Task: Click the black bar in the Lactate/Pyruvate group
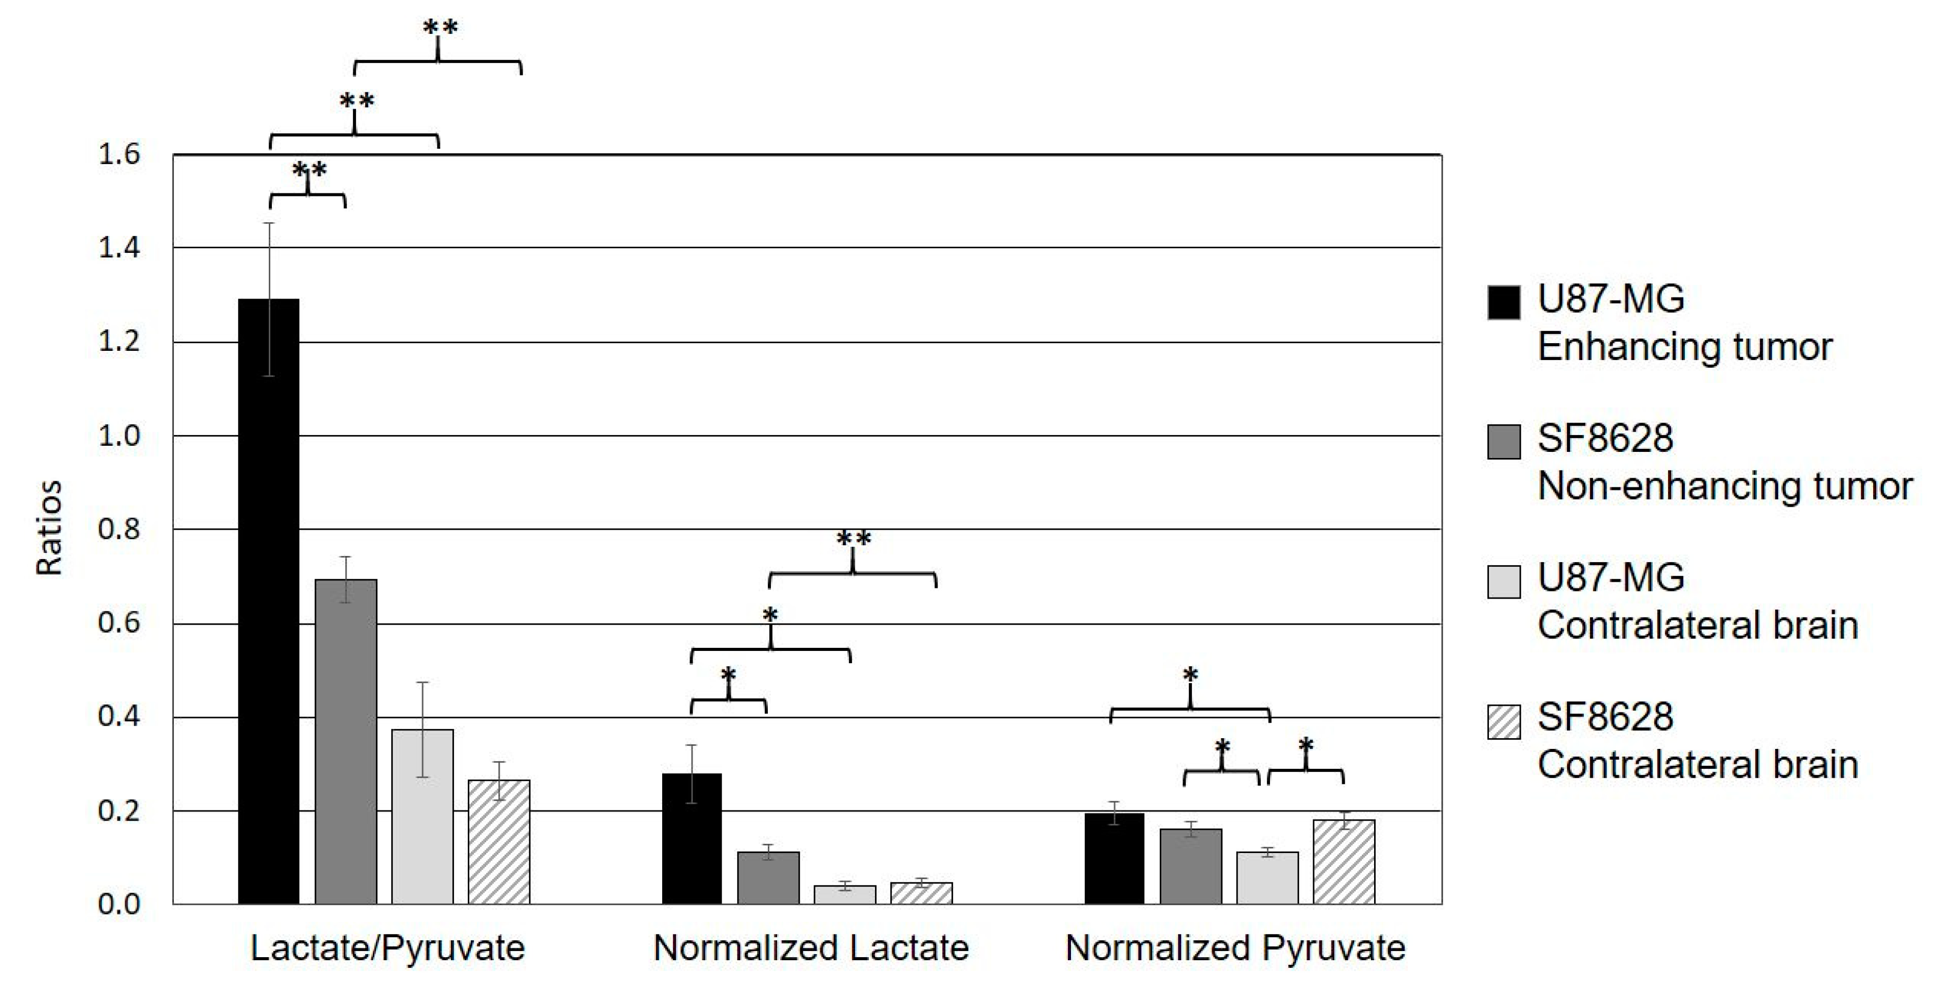269,604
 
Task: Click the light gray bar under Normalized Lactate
845,895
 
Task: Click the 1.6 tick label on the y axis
120,155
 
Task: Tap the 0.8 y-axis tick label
120,529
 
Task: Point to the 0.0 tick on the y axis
120,905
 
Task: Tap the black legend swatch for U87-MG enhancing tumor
1503,302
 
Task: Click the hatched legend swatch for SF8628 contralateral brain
1503,721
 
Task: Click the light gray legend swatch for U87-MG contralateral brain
1503,582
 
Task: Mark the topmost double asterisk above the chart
440,29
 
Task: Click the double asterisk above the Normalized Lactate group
853,539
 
